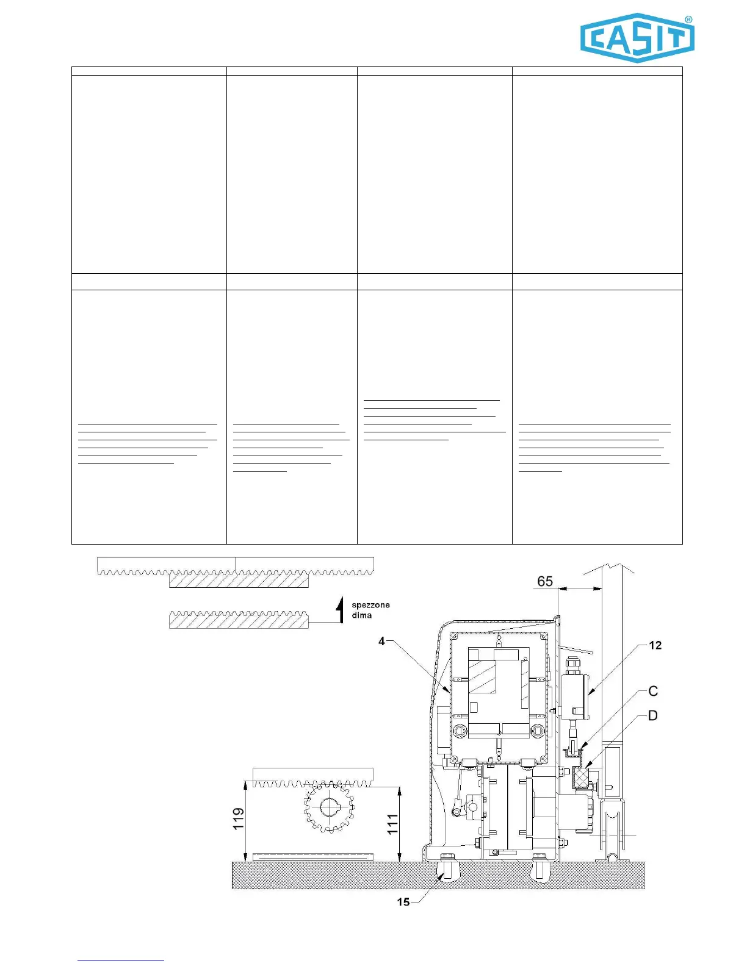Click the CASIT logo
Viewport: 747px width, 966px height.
tap(637, 38)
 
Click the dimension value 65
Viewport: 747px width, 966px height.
tap(544, 581)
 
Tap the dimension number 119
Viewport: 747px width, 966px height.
tap(238, 818)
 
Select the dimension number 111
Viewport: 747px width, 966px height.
tap(392, 823)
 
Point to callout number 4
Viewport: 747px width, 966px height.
tap(382, 641)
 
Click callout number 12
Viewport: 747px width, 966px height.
tap(655, 645)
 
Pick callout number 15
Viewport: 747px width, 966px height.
tap(403, 901)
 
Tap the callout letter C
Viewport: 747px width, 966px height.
tap(652, 691)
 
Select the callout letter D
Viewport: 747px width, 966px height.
tap(652, 715)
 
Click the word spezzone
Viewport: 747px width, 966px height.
tap(370, 605)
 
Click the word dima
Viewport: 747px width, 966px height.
tap(361, 615)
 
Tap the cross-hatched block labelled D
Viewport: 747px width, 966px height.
tap(582, 778)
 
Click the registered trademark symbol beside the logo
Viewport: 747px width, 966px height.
tap(689, 20)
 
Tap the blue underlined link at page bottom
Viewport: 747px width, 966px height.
tap(121, 961)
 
